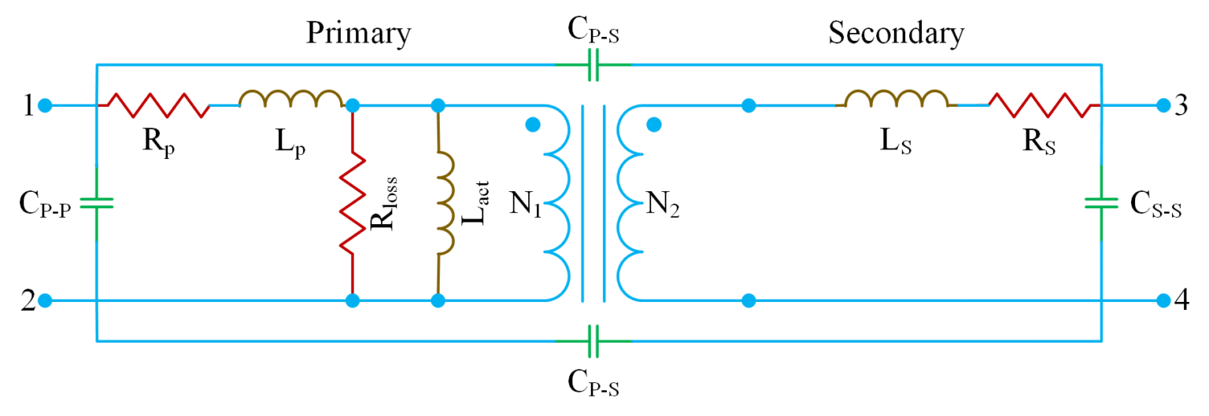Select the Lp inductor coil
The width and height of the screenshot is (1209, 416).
pos(290,98)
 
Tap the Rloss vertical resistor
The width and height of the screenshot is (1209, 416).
pos(353,202)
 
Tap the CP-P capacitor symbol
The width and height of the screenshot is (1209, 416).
pos(96,202)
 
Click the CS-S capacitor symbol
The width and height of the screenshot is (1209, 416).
pos(1100,202)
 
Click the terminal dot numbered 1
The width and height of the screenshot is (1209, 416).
pos(46,105)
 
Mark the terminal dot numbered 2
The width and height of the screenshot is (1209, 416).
pos(46,300)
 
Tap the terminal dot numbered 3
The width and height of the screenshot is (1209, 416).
pos(1163,105)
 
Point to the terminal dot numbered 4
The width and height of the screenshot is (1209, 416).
pos(1163,300)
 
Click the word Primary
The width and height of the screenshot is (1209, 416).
pos(358,34)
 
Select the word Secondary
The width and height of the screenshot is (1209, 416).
pos(896,34)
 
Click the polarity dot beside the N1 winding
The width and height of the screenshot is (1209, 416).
pos(533,124)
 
